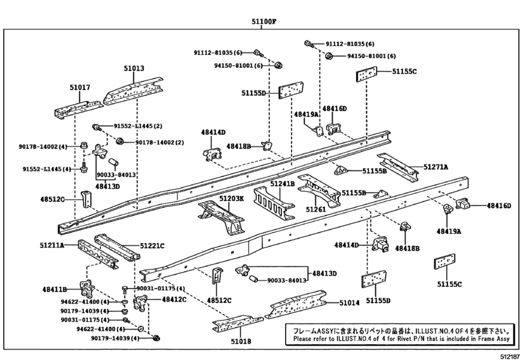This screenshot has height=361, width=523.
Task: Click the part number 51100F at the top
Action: pos(264,22)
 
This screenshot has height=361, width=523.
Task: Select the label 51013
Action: pos(135,68)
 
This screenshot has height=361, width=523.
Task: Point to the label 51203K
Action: pos(232,199)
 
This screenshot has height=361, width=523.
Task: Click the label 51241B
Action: pos(282,184)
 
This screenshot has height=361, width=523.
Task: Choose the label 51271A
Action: pos(436,167)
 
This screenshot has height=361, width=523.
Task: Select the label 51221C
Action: pos(152,246)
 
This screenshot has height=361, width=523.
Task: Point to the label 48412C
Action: pos(174,300)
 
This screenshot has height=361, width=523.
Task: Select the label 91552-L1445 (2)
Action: pos(138,126)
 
